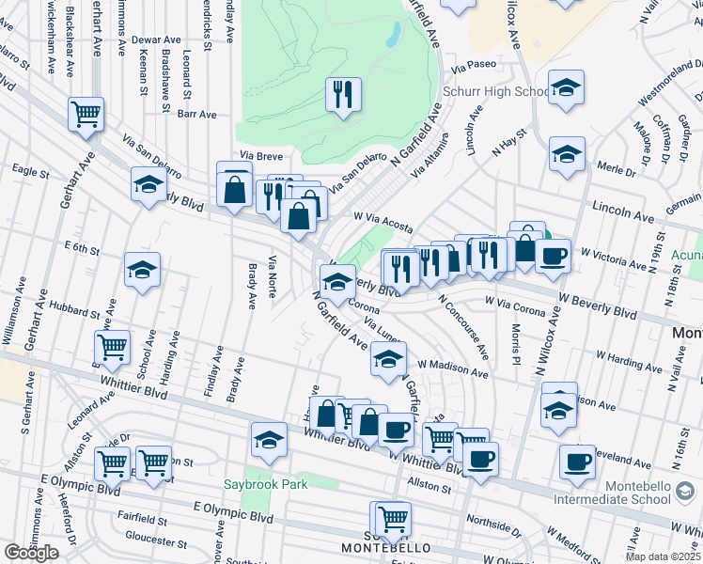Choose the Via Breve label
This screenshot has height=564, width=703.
pos(260,155)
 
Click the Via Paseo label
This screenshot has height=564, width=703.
pos(473,67)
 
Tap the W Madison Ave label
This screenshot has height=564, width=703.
pos(453,368)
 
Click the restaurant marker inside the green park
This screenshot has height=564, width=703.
pos(342,94)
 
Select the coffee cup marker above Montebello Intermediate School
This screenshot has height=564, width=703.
pos(577,462)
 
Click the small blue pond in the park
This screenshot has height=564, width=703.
pos(393,35)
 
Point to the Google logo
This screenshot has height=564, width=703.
pos(30,552)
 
